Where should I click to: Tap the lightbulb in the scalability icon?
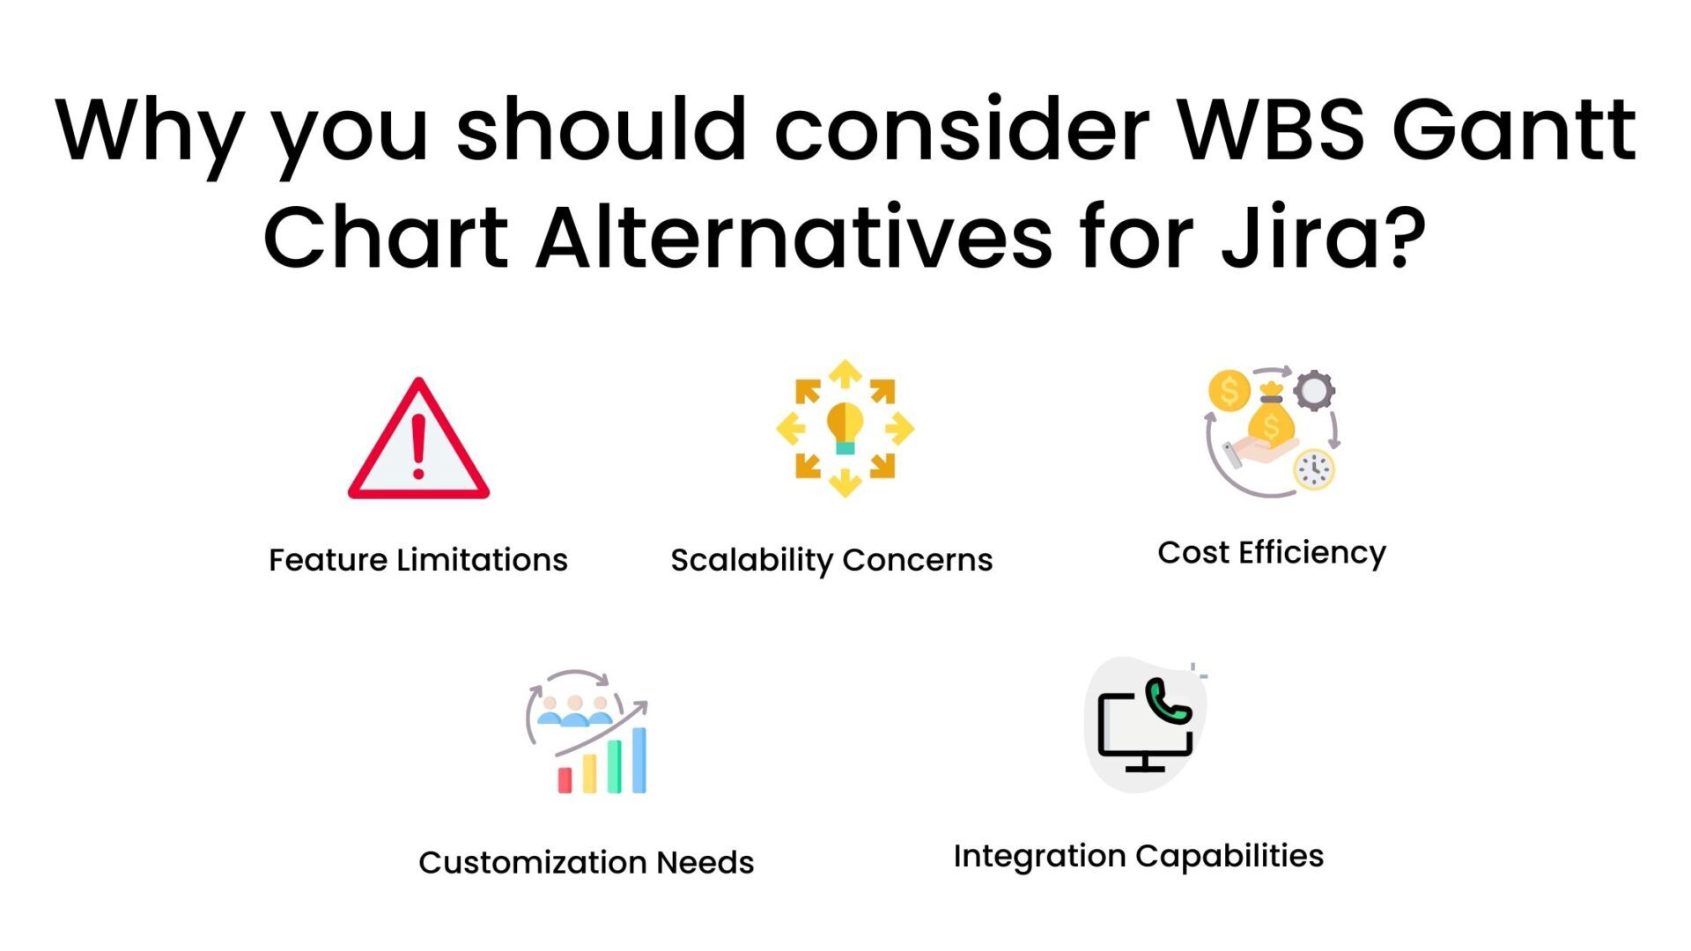click(845, 425)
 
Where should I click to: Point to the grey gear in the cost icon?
click(1314, 390)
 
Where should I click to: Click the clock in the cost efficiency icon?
click(1314, 469)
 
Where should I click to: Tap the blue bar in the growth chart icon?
click(639, 760)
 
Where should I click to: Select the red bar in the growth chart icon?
click(565, 779)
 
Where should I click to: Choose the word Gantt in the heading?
click(1513, 130)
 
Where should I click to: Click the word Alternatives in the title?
click(794, 238)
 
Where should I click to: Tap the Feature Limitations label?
click(417, 560)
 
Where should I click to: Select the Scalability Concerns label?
click(831, 560)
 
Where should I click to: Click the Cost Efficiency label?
click(1271, 553)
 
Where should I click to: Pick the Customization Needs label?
click(586, 863)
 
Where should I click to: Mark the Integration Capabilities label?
click(1138, 856)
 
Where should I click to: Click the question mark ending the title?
click(1403, 236)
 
